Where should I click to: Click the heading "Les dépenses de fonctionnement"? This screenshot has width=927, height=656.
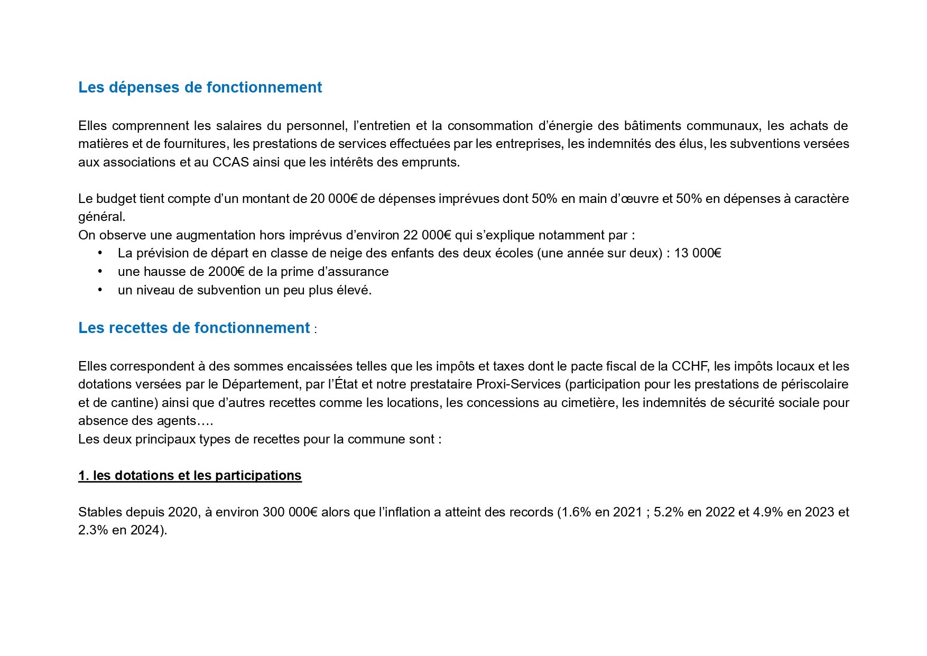click(x=200, y=87)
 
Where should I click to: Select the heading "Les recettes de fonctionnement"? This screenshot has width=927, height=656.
click(x=193, y=328)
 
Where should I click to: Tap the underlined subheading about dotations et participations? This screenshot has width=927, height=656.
click(x=190, y=475)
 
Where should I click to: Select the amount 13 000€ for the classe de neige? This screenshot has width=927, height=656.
click(x=697, y=253)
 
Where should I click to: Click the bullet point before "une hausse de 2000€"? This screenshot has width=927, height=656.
click(x=100, y=272)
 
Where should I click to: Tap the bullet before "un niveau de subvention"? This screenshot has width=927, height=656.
click(x=100, y=290)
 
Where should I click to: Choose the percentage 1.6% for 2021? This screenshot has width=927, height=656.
click(x=574, y=512)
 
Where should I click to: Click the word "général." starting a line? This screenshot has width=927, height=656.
click(x=101, y=217)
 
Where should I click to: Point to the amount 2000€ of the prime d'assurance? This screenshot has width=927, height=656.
click(x=226, y=272)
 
